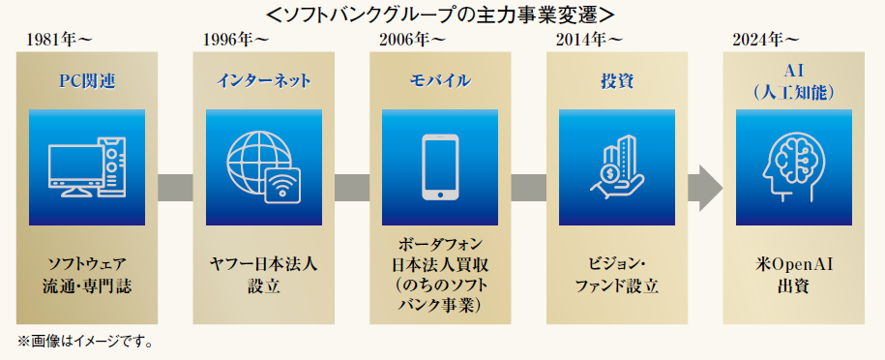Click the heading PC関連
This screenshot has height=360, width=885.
click(87, 81)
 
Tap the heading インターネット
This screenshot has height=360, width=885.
click(263, 81)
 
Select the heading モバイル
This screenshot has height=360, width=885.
click(440, 81)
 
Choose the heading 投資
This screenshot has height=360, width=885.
click(617, 81)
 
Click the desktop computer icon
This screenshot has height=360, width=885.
click(87, 167)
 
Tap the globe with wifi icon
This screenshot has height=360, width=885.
click(263, 167)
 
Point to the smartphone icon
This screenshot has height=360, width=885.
click(440, 167)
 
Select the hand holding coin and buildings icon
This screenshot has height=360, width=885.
click(617, 167)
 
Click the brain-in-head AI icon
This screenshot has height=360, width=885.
click(793, 167)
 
